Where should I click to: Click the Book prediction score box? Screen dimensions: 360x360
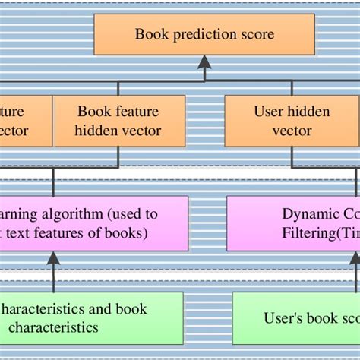click(204, 34)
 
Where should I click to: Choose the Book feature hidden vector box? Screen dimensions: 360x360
click(119, 121)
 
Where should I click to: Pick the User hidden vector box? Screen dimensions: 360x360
click(292, 121)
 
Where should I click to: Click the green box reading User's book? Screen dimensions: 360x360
click(295, 317)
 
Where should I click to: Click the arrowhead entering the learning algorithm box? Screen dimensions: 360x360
click(52, 258)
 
